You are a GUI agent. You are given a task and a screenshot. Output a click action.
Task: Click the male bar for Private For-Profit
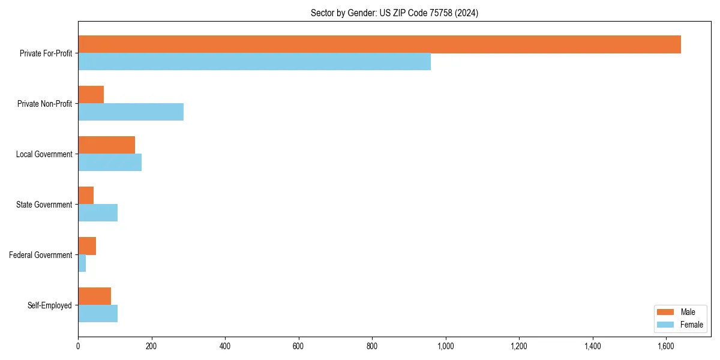pyautogui.click(x=379, y=44)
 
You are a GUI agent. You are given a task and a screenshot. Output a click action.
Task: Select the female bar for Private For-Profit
pyautogui.click(x=254, y=62)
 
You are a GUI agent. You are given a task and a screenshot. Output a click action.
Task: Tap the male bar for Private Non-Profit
pyautogui.click(x=91, y=95)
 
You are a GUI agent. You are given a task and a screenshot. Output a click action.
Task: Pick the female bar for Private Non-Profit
pyautogui.click(x=131, y=112)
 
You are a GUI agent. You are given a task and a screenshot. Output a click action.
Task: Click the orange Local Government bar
pyautogui.click(x=106, y=145)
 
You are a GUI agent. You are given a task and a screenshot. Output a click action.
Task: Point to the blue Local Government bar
pyautogui.click(x=110, y=163)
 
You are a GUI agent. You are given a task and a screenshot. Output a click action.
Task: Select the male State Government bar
pyautogui.click(x=86, y=196)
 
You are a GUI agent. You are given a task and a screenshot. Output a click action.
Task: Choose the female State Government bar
pyautogui.click(x=98, y=213)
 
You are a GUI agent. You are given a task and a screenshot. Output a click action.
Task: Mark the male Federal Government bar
pyautogui.click(x=87, y=246)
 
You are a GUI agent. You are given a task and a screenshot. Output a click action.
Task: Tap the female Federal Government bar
pyautogui.click(x=82, y=263)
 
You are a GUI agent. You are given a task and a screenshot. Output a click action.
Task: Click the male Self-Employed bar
pyautogui.click(x=94, y=296)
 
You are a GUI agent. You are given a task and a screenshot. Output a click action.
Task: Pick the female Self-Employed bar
pyautogui.click(x=98, y=314)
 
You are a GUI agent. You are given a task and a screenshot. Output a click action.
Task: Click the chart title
pyautogui.click(x=394, y=13)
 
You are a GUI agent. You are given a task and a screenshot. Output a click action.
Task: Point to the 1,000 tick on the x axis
pyautogui.click(x=445, y=347)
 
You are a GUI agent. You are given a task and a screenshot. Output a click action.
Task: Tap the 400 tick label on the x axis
pyautogui.click(x=225, y=347)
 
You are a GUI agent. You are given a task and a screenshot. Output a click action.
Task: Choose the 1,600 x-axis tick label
pyautogui.click(x=666, y=347)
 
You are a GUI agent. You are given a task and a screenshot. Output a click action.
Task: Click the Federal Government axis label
pyautogui.click(x=41, y=255)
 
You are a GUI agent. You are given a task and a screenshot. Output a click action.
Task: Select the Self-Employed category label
pyautogui.click(x=50, y=305)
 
